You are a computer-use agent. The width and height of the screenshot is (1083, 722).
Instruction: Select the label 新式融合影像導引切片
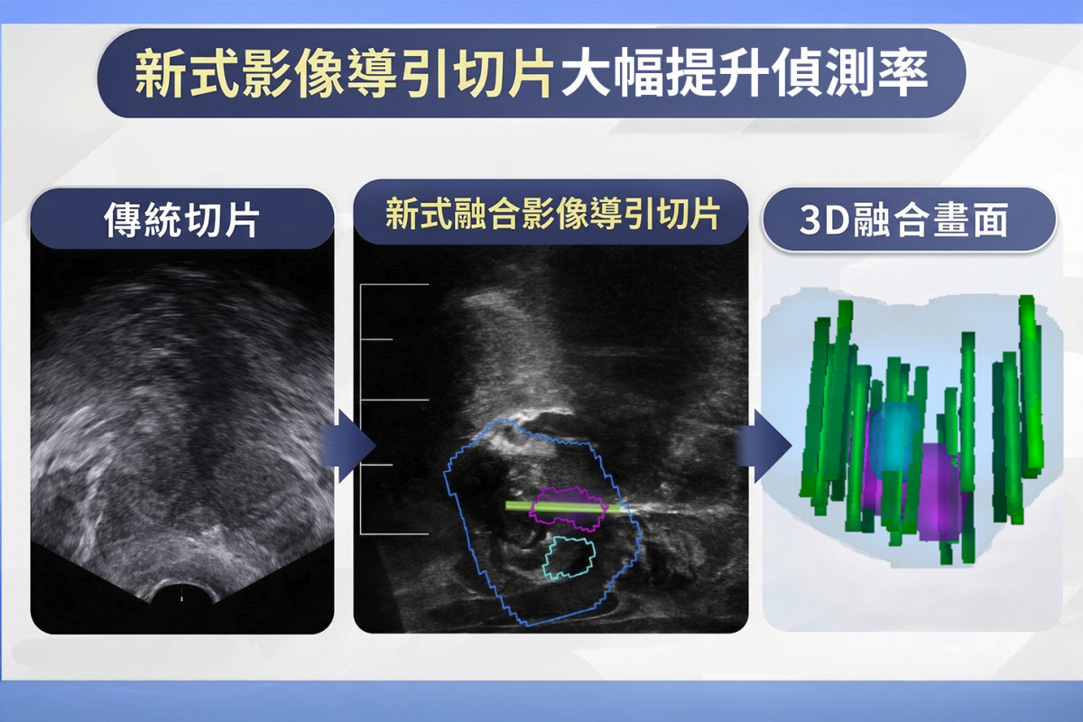pos(551,216)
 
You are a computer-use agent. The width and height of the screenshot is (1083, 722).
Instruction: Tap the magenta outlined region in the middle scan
pos(567,504)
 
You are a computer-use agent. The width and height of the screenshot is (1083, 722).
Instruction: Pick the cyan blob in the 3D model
pos(896,434)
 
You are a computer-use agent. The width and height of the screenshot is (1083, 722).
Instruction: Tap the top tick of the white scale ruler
pos(394,285)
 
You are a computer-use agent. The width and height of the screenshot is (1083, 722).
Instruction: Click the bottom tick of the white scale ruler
pos(394,533)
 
